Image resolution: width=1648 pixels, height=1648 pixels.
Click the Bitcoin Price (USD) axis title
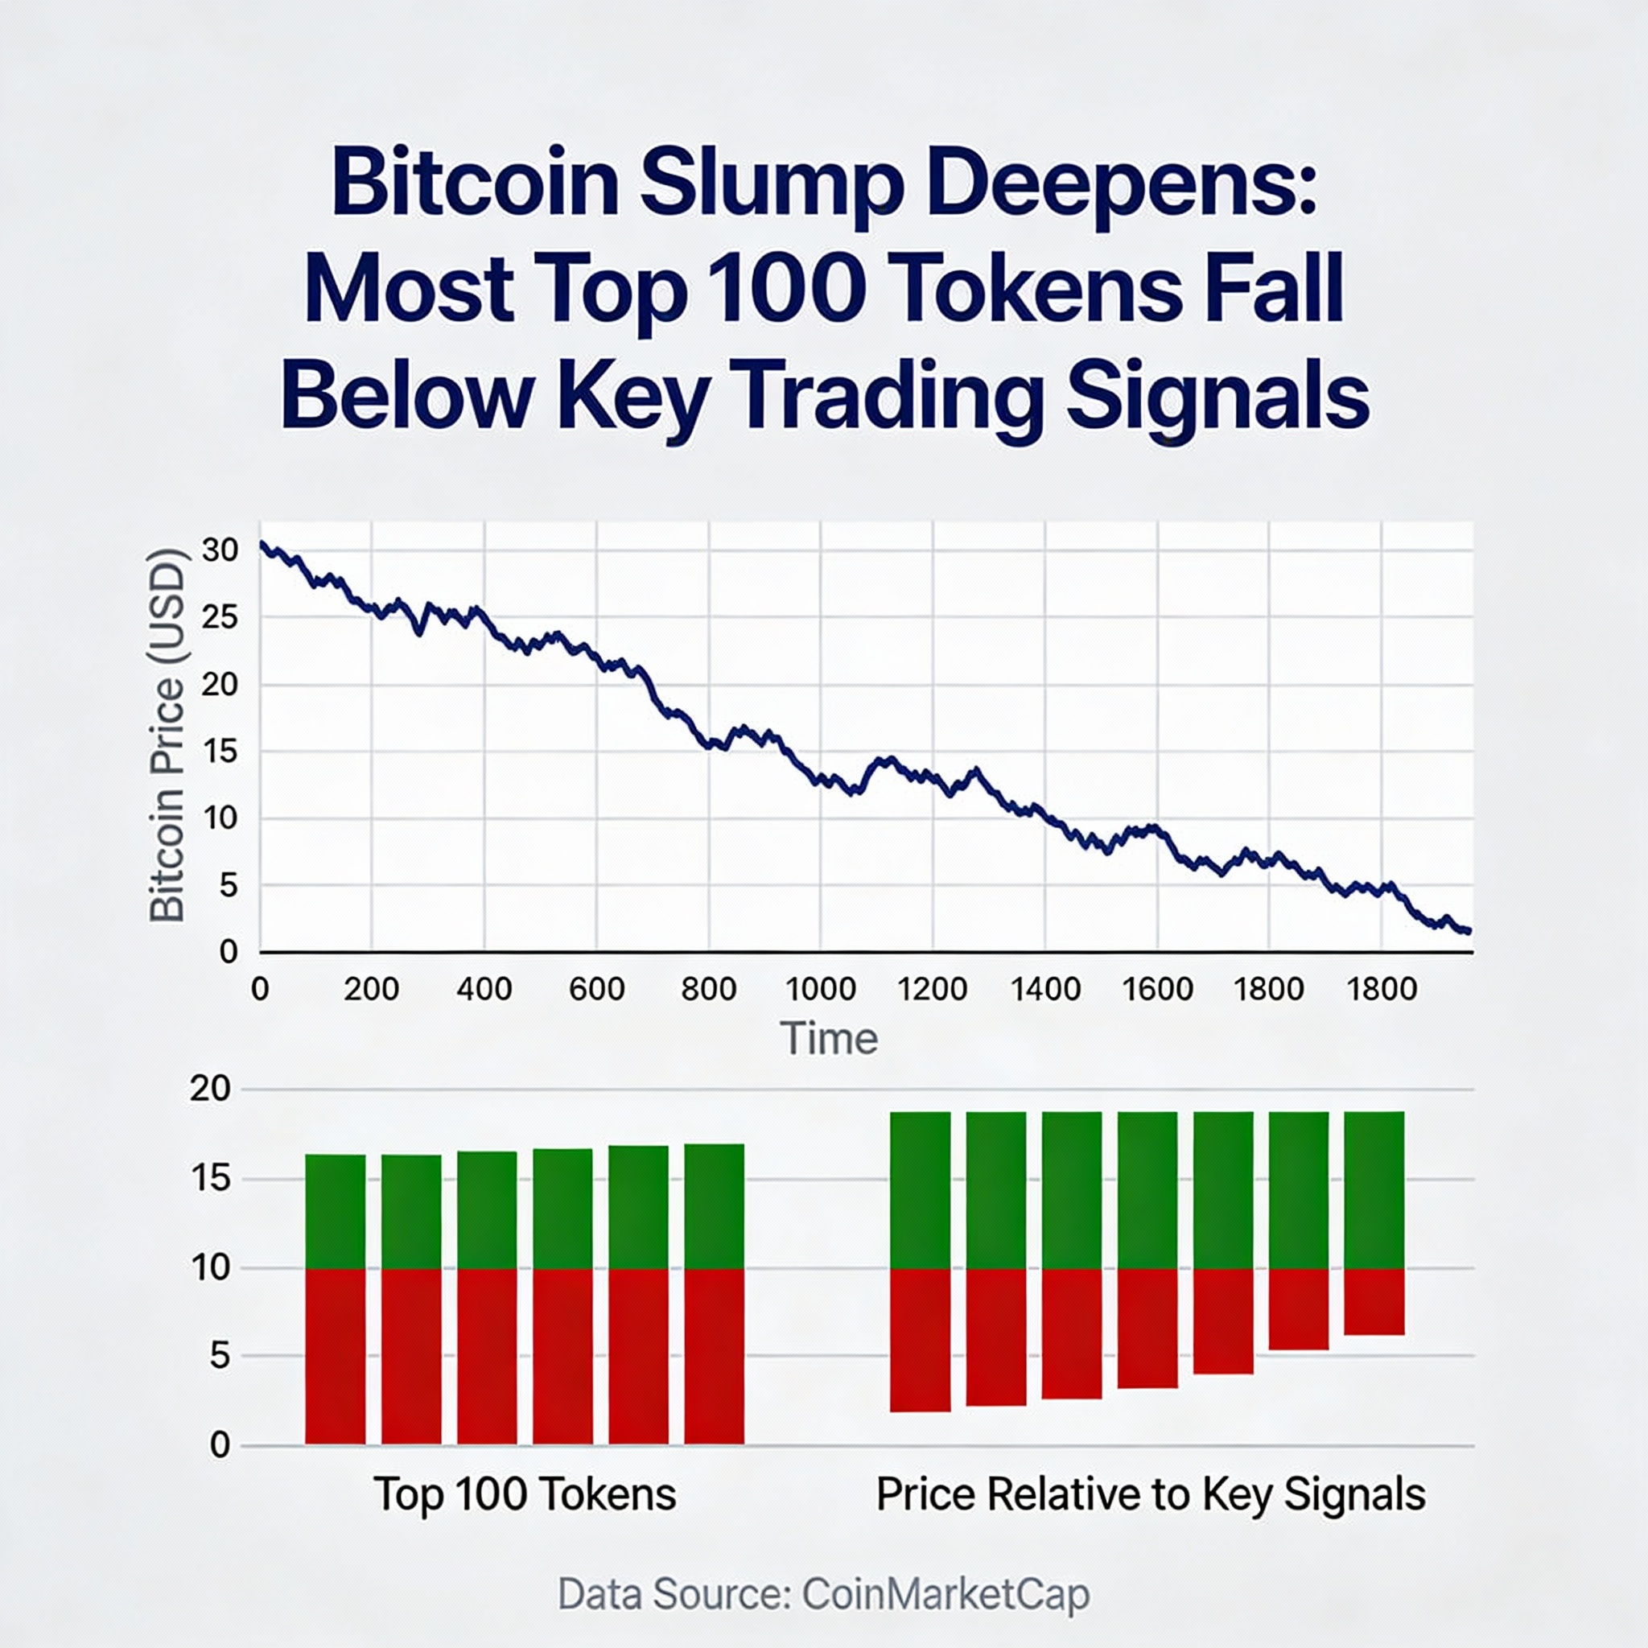pos(167,735)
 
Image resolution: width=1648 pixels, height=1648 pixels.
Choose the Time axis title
pos(828,1039)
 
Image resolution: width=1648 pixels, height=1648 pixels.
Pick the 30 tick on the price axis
pos(220,550)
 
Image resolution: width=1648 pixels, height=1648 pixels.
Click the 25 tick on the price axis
pos(220,616)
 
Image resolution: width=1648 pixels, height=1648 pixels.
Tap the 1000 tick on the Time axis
pos(820,989)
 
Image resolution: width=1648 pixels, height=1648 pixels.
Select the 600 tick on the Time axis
pos(596,989)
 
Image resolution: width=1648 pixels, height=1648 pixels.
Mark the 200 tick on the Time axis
pos(371,989)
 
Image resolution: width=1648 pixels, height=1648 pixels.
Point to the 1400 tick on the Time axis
pos(1045,989)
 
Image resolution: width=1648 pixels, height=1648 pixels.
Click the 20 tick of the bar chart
pos(210,1090)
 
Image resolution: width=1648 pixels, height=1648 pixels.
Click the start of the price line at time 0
pos(262,543)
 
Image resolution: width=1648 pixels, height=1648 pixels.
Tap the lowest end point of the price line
pos(1469,931)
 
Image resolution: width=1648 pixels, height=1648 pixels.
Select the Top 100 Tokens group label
pos(525,1494)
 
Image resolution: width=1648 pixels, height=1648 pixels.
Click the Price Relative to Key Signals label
pos(1151,1494)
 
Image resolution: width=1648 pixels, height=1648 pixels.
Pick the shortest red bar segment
pos(1374,1302)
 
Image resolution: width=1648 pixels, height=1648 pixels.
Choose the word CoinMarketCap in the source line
pos(946,1593)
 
